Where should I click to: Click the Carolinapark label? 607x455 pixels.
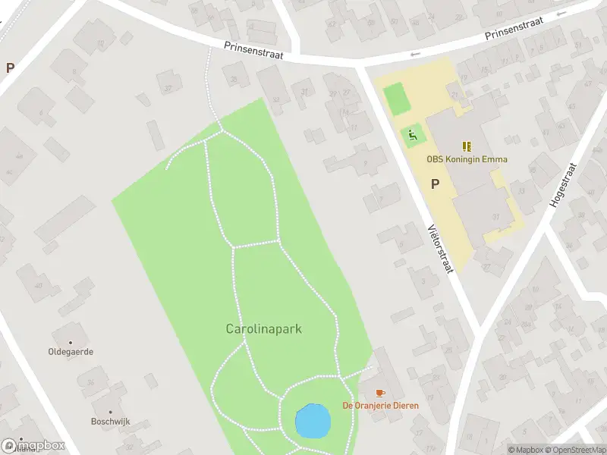point(264,329)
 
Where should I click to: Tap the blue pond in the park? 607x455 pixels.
point(312,421)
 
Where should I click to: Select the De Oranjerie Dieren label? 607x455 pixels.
point(380,406)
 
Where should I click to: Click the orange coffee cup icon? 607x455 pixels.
point(380,392)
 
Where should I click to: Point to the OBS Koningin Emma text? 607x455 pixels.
point(467,160)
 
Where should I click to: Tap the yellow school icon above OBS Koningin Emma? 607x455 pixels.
point(467,146)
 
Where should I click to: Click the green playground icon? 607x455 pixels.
point(413,136)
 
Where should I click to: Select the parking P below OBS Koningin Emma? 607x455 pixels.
point(436,184)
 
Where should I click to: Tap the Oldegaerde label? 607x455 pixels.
point(71,353)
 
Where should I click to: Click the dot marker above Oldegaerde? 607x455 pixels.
point(71,342)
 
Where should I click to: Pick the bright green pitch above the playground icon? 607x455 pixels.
point(395,99)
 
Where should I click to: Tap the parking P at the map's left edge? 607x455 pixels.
point(10,67)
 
